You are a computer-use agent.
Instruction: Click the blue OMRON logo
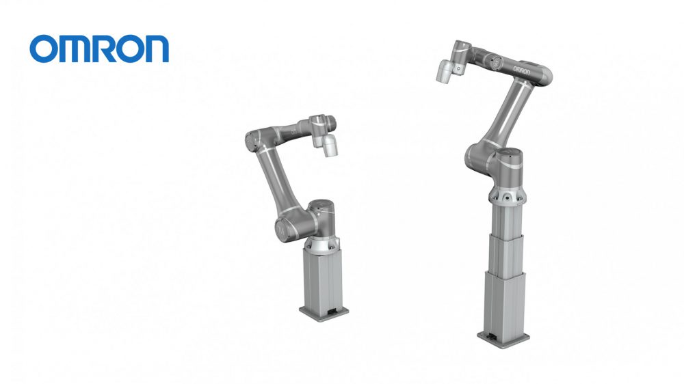(99, 49)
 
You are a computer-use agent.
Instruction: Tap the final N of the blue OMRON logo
(156, 49)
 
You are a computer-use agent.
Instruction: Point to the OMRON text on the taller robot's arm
(521, 70)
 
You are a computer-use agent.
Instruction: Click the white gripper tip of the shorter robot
(330, 146)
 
